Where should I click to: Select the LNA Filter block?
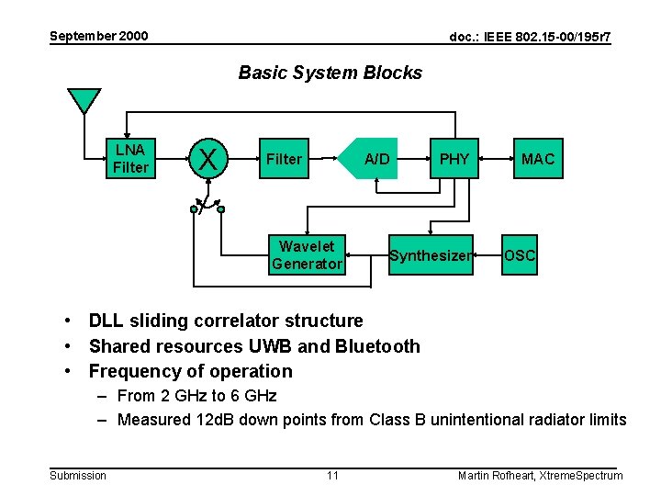[x=130, y=158]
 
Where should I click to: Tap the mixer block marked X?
[x=208, y=159]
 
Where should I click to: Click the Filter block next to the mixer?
[x=284, y=159]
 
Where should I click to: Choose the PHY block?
[x=454, y=159]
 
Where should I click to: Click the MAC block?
[x=537, y=159]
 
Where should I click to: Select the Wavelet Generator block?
[x=307, y=254]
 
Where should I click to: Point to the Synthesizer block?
[x=430, y=255]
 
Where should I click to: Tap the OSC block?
[x=520, y=255]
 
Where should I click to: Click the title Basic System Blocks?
[x=330, y=73]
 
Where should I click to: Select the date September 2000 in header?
[x=98, y=36]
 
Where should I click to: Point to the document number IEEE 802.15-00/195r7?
[x=530, y=37]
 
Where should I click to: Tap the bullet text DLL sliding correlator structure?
[x=225, y=321]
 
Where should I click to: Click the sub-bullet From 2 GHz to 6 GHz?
[x=196, y=396]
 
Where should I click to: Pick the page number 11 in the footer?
[x=332, y=475]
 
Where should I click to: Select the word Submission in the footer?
[x=78, y=475]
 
